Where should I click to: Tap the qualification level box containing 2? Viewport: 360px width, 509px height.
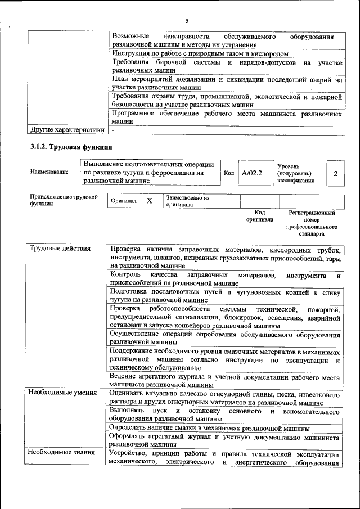(x=336, y=173)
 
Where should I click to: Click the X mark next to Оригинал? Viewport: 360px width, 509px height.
(x=149, y=201)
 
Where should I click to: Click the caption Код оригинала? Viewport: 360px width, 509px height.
(x=259, y=217)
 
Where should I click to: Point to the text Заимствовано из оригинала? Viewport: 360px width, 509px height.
(x=188, y=201)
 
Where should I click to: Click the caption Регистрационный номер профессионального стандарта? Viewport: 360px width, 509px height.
(x=312, y=223)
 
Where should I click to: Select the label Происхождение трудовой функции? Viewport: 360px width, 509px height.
(x=64, y=201)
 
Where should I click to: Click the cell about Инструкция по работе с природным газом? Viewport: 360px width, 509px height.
(x=200, y=53)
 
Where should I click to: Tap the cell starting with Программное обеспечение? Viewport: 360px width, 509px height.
(x=227, y=118)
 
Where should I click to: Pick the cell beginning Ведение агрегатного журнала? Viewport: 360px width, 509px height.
(x=227, y=380)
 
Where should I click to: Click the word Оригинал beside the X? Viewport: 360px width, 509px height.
(x=123, y=201)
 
